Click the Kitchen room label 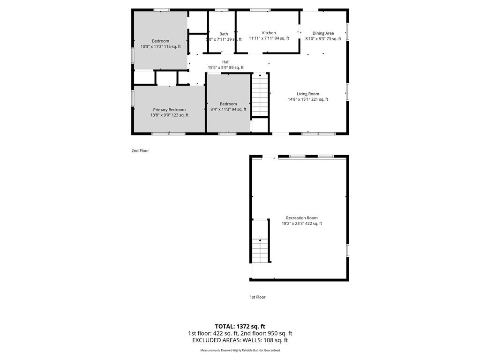tap(269, 33)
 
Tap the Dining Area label tap(323, 33)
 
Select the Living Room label tap(307, 94)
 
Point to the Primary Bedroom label tap(169, 110)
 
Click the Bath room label tap(224, 34)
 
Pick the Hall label tap(226, 62)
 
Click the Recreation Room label tap(302, 217)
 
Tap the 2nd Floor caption tap(140, 150)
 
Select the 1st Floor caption tap(258, 297)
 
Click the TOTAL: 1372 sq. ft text tap(240, 326)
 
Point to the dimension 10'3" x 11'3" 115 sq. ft tap(160, 46)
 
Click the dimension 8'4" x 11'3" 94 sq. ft tap(228, 109)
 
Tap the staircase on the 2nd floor tap(260, 95)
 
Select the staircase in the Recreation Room tap(260, 250)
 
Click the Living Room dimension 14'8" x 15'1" tap(299, 99)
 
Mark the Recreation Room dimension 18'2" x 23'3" tap(293, 224)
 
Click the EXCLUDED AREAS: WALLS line tap(240, 340)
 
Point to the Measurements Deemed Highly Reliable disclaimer tap(240, 350)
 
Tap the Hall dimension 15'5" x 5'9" tap(218, 67)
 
